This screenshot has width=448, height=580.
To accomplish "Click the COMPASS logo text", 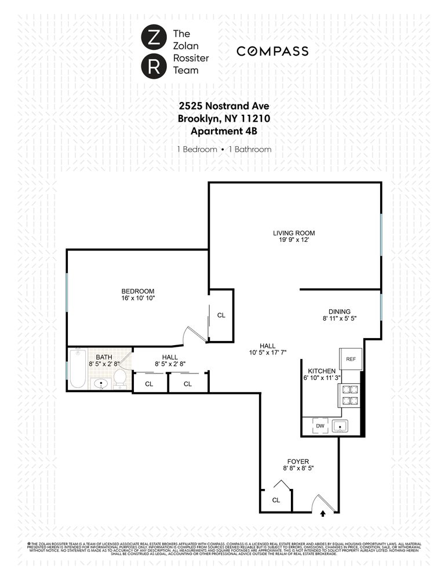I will (272, 51).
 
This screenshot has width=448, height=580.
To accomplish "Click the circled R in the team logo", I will (154, 66).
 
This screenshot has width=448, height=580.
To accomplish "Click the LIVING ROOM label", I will (294, 233).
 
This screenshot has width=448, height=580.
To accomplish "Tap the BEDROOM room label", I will (138, 291).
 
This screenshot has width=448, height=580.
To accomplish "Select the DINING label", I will (340, 311).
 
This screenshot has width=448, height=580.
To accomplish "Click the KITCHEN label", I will (322, 371).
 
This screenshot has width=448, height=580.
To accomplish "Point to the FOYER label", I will (298, 461).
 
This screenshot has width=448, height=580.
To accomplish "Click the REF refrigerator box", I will (350, 359).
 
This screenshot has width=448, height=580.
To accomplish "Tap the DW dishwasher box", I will (320, 426).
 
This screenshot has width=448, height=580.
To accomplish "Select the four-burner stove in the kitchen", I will (349, 400).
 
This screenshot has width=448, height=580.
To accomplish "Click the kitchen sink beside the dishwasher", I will (340, 426).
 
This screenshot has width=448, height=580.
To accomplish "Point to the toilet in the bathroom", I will (120, 378).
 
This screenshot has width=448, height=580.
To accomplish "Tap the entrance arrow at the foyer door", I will (323, 512).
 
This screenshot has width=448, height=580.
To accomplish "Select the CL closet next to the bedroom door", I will (221, 316).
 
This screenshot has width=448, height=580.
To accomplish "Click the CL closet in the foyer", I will (276, 500).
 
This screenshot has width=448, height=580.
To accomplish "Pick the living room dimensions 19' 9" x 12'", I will (294, 241).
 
